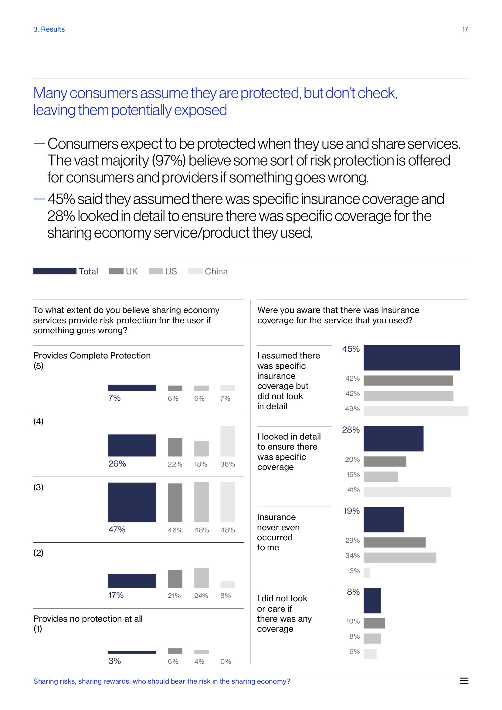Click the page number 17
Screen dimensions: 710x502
click(465, 29)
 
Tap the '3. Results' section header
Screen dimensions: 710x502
click(49, 29)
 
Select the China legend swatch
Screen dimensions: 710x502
click(195, 271)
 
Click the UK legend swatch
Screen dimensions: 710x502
click(116, 271)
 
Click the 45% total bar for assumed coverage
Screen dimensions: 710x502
click(412, 358)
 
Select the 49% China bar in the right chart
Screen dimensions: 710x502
click(416, 411)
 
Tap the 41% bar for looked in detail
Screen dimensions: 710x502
click(407, 492)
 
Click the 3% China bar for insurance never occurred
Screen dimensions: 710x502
click(367, 573)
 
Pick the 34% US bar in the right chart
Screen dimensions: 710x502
click(400, 558)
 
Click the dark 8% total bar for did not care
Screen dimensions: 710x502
click(372, 600)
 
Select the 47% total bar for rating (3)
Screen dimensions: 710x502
click(132, 502)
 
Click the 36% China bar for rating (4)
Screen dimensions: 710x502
click(228, 441)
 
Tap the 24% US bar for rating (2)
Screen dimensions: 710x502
click(201, 578)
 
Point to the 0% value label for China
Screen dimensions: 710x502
click(226, 661)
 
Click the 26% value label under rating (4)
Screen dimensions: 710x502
click(117, 464)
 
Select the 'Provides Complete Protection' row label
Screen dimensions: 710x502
click(92, 356)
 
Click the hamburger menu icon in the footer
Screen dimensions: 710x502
click(464, 681)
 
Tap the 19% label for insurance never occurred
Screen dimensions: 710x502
click(351, 511)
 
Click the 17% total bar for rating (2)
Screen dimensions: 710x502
click(132, 581)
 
